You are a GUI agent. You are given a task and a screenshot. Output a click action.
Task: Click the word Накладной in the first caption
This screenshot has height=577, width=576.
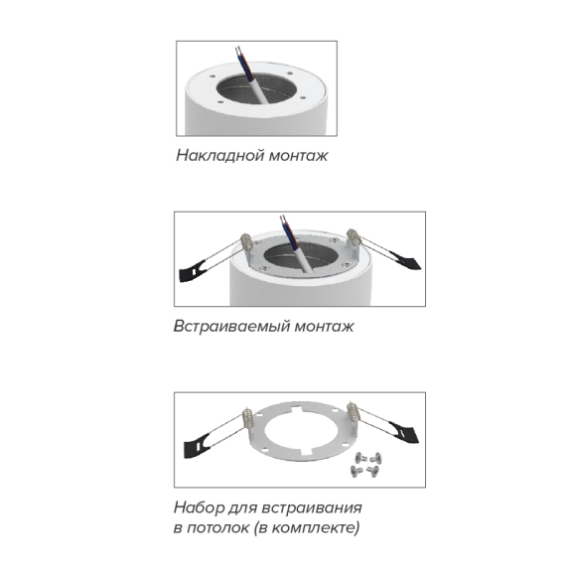click(x=219, y=155)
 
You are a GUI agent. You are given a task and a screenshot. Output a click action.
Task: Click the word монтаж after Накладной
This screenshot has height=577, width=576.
click(x=298, y=156)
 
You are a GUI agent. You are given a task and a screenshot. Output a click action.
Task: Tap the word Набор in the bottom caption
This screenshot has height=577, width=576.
click(x=199, y=507)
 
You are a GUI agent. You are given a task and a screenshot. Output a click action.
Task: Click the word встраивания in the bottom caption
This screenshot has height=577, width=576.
click(x=312, y=508)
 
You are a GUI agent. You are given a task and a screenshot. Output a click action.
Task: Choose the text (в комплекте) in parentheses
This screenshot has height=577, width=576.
click(x=307, y=528)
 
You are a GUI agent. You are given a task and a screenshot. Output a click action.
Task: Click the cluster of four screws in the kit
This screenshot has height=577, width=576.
click(x=366, y=465)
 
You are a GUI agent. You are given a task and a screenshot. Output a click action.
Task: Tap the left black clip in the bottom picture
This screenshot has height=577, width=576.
click(x=197, y=446)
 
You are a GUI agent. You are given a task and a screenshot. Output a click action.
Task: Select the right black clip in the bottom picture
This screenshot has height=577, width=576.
click(x=405, y=432)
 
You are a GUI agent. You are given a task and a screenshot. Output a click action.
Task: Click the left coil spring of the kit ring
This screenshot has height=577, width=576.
click(x=247, y=418)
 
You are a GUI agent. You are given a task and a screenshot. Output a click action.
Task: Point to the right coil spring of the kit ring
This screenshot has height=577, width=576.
click(x=353, y=412)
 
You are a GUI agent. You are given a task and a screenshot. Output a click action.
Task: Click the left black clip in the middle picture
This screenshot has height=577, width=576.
click(x=192, y=271)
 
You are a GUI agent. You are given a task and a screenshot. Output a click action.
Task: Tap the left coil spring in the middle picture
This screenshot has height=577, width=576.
click(x=246, y=241)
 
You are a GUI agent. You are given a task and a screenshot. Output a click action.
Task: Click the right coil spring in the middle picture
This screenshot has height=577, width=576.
click(x=354, y=237)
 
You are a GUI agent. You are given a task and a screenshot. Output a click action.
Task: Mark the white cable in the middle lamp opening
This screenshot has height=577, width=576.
click(x=303, y=259)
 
